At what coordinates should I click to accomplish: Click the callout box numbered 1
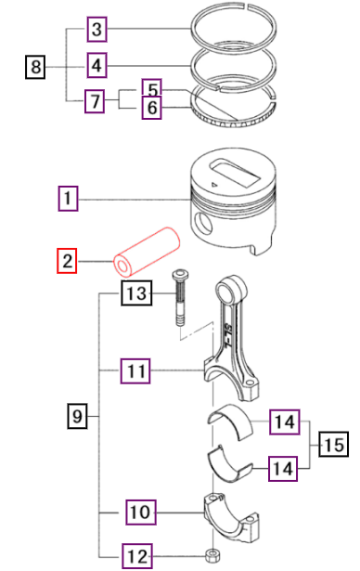click(x=68, y=198)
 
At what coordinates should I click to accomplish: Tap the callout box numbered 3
click(x=97, y=30)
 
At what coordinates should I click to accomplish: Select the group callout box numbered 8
click(x=35, y=66)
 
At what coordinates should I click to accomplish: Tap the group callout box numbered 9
click(x=79, y=418)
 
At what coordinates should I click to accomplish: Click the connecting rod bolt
click(x=178, y=297)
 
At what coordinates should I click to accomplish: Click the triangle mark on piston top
click(x=215, y=186)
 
